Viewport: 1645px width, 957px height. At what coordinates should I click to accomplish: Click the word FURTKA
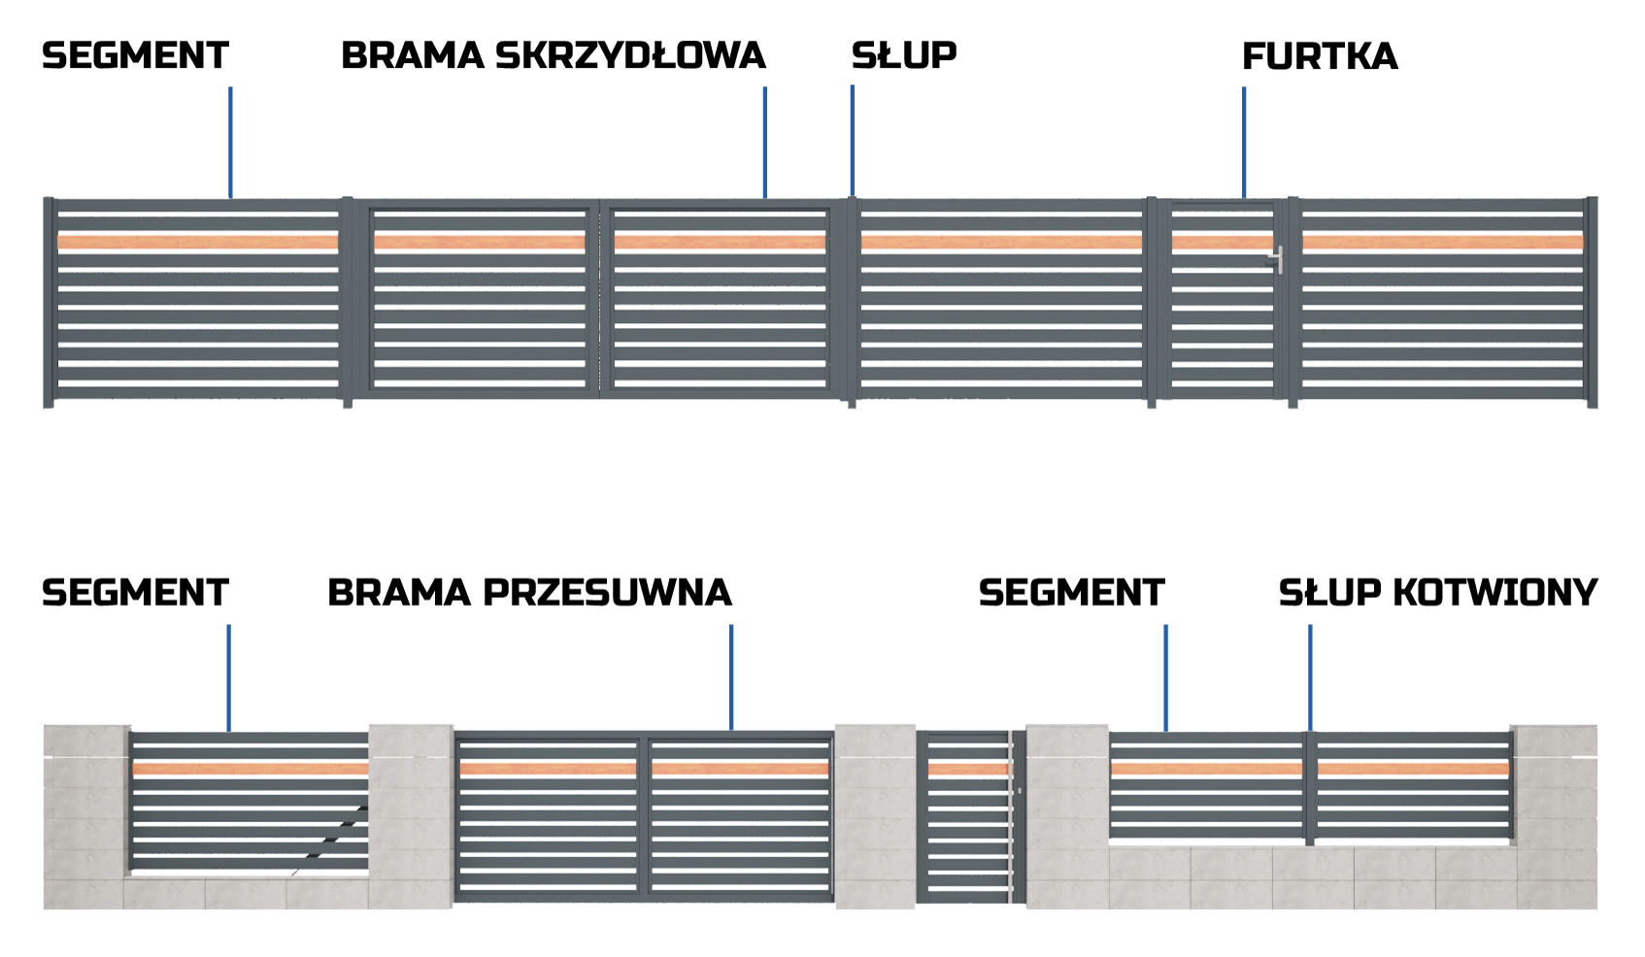point(1320,57)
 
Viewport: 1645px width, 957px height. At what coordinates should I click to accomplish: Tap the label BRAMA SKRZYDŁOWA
point(553,56)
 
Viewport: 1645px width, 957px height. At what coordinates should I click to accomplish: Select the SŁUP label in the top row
point(903,56)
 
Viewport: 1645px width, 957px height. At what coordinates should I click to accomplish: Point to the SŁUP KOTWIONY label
point(1437,593)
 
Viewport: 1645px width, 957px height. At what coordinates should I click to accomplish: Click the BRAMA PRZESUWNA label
point(529,593)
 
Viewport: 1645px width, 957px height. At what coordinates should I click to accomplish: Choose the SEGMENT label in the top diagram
point(135,56)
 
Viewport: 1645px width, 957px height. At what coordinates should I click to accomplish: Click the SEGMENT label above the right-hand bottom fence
point(1071,593)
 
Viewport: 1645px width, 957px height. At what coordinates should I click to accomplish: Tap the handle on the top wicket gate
point(1279,259)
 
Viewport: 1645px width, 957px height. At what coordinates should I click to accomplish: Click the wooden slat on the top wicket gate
point(1222,243)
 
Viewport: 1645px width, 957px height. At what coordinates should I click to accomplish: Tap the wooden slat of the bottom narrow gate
point(968,770)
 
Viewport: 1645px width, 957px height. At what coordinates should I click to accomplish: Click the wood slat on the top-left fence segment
point(198,243)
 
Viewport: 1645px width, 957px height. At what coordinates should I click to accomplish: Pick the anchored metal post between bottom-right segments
point(1310,788)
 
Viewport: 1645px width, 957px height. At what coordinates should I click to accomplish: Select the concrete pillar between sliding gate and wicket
point(875,815)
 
